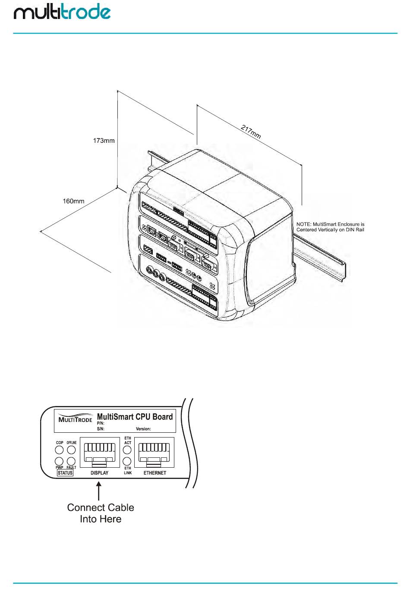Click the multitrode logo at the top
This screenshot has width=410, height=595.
pos(62,13)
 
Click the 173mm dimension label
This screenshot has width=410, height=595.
pos(104,141)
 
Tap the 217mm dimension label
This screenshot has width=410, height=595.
pos(251,132)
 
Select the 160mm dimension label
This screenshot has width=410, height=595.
pos(74,201)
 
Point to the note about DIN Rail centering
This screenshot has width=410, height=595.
pos(330,227)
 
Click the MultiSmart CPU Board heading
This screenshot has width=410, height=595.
pos(134,417)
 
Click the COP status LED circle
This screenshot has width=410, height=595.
pos(60,450)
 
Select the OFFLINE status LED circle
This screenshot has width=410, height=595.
pos(71,450)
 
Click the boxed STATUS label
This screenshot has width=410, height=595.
pos(65,473)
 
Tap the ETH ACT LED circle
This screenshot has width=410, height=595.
pos(127,450)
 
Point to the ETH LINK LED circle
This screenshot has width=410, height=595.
pos(127,462)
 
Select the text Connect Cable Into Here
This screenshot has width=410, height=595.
pos(101,513)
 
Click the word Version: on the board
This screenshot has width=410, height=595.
pos(143,429)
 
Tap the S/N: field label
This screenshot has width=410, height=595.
pos(101,429)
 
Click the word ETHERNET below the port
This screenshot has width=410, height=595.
pos(155,473)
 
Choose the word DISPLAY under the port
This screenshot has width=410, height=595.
pos(100,473)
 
